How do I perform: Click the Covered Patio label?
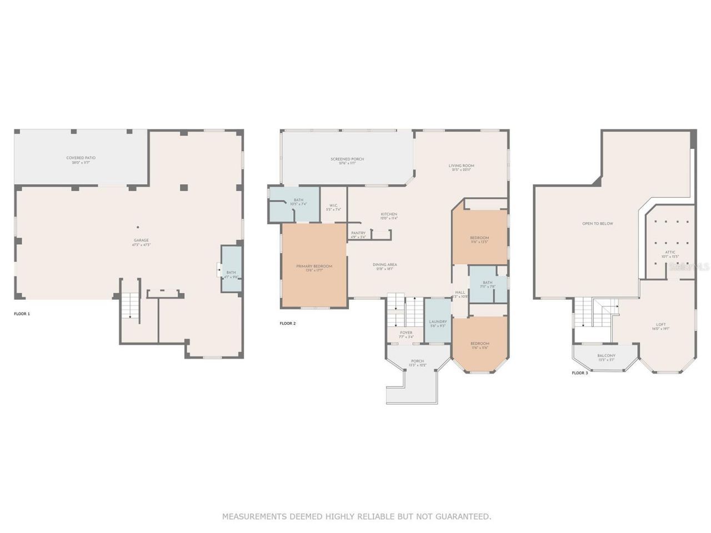coord(81,158)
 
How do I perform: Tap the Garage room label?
coord(141,240)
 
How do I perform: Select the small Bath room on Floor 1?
coord(231,272)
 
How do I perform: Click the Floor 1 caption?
coord(22,314)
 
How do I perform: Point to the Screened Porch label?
coord(347,159)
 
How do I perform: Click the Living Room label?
coord(461,165)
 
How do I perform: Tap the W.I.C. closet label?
coord(333,205)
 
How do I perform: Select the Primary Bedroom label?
coord(314,266)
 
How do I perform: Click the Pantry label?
coord(358,233)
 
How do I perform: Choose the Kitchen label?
coord(389,214)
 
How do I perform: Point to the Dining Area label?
coord(384,265)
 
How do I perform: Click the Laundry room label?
coord(438,322)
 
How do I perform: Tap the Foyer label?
coord(406,333)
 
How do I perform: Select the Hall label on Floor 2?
coord(460,293)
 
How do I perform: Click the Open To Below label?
coord(598,224)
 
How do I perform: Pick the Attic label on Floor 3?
coord(670,252)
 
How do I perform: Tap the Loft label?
coord(660,325)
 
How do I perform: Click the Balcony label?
coord(606,356)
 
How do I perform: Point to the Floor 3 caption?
coord(579,373)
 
